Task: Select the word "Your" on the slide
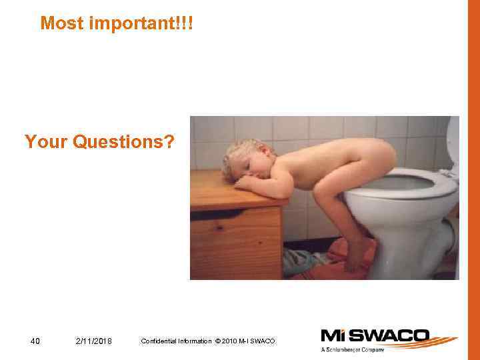[x=45, y=142]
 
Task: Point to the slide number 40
[x=36, y=341]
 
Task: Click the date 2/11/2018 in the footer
[x=94, y=341]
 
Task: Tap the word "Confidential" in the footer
[x=160, y=341]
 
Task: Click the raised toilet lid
[x=453, y=143]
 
